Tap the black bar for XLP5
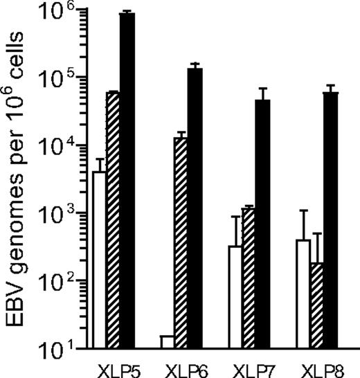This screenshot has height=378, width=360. pyautogui.click(x=127, y=180)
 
